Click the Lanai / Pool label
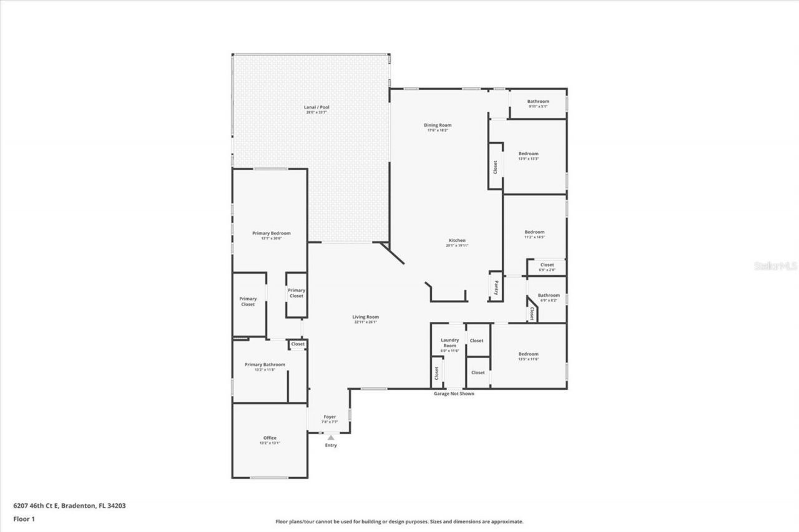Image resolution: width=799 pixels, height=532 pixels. point(316,107)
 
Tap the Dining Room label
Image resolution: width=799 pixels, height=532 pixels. point(438,125)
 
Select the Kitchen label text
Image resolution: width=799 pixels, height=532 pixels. point(458,240)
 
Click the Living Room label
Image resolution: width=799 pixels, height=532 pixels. point(365,317)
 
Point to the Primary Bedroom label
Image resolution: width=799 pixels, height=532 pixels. point(271,233)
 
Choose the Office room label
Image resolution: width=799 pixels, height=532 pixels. point(269,438)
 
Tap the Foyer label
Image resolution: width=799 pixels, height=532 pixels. point(330,417)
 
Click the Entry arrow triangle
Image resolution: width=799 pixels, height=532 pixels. point(330,438)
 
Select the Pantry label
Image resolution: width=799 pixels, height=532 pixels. point(496,287)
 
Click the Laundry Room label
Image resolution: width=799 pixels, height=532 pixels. point(449,343)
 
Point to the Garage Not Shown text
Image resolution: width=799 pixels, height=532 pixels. point(454,394)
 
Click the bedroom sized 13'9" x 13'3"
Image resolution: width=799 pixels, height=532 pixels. point(528,153)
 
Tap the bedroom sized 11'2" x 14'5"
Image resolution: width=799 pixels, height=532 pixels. point(534,232)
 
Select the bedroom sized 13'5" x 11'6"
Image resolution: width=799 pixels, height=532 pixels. point(528,354)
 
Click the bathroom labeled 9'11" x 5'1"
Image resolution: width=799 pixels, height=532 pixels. point(537,102)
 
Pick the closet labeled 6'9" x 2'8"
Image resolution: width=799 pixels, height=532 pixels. point(547,265)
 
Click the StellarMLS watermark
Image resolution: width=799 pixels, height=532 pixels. point(776,266)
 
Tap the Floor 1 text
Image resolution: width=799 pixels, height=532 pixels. point(24,518)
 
